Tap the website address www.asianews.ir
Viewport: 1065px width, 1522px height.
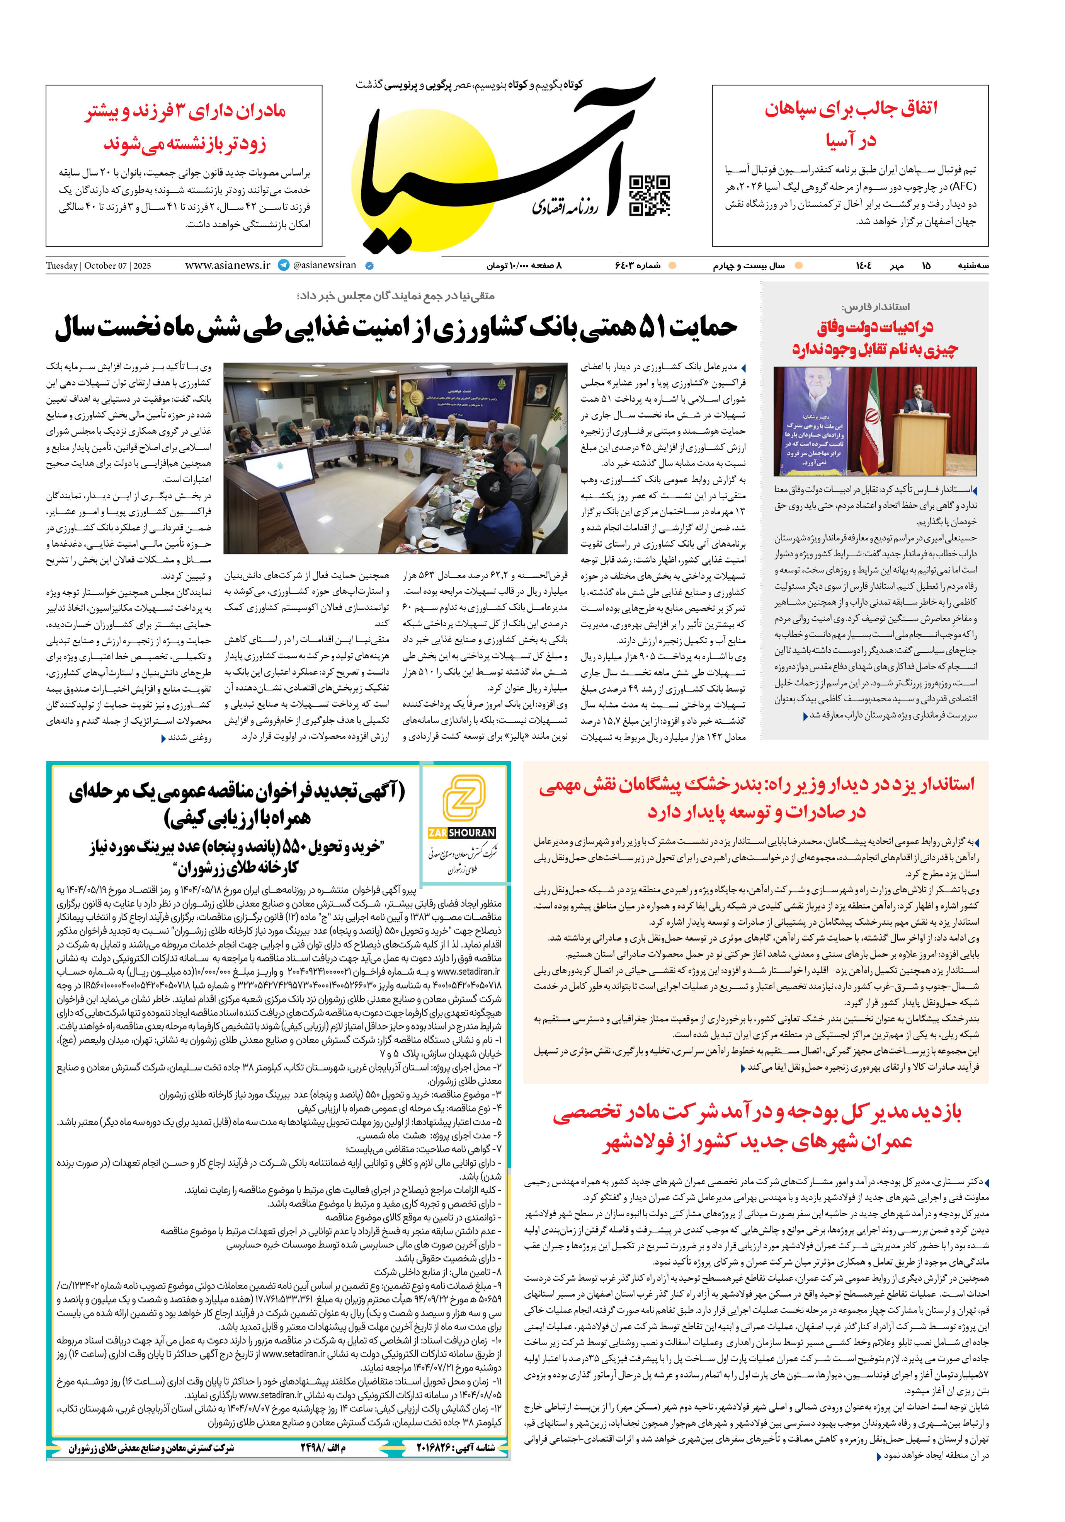pos(228,265)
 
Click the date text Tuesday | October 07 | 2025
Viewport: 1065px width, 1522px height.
pos(98,266)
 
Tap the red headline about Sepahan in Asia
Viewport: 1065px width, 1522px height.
pos(850,124)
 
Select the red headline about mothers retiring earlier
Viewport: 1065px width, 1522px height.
pos(185,127)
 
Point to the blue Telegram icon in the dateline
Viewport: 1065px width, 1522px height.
pos(284,265)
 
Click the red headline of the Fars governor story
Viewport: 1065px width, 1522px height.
pos(875,337)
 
